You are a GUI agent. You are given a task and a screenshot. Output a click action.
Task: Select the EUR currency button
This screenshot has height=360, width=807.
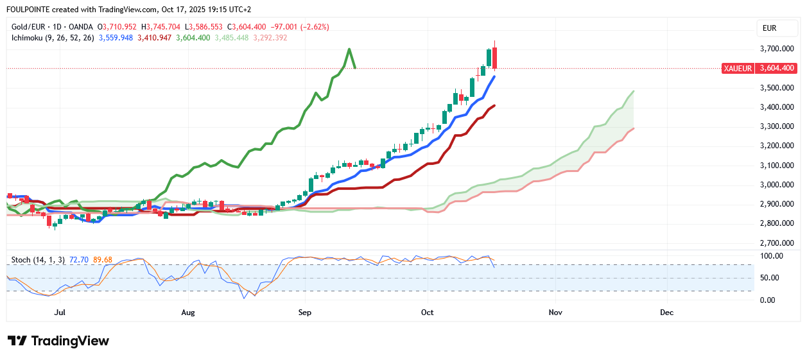pyautogui.click(x=769, y=28)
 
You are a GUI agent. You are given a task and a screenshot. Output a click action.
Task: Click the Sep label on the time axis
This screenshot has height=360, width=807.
pyautogui.click(x=305, y=313)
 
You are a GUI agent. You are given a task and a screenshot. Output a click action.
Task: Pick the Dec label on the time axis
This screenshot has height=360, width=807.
pyautogui.click(x=667, y=313)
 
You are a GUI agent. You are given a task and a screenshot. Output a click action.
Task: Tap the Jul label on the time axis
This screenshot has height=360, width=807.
pyautogui.click(x=60, y=313)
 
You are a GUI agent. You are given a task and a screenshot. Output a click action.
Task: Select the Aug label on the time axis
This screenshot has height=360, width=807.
pyautogui.click(x=188, y=313)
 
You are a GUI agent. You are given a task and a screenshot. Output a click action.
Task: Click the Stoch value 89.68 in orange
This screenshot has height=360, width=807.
pyautogui.click(x=103, y=260)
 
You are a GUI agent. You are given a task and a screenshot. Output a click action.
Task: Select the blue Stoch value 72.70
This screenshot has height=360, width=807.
pyautogui.click(x=80, y=260)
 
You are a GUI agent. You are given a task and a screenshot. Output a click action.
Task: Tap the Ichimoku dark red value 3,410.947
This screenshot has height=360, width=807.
pyautogui.click(x=154, y=38)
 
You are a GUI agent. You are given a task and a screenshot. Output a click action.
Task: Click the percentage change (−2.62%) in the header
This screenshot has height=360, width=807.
pyautogui.click(x=313, y=27)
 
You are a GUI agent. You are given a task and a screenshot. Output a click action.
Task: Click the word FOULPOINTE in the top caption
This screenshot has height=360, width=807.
pyautogui.click(x=31, y=10)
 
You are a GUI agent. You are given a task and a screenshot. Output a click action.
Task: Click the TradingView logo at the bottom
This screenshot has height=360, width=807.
pyautogui.click(x=58, y=341)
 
